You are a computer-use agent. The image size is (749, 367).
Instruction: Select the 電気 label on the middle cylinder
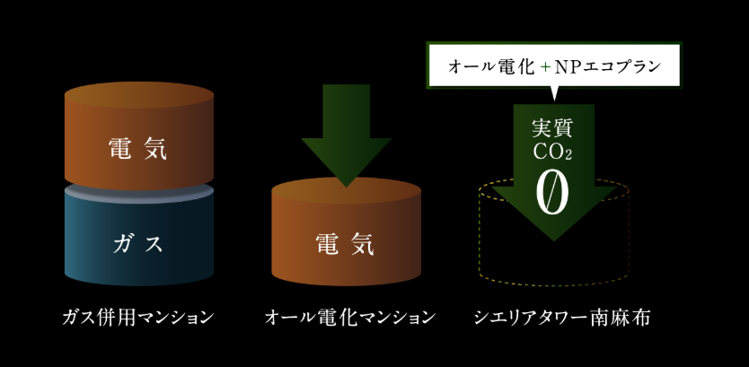pyautogui.click(x=345, y=242)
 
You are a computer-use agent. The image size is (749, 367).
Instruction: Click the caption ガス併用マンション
pyautogui.click(x=138, y=317)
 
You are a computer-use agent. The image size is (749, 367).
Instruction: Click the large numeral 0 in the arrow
pyautogui.click(x=551, y=192)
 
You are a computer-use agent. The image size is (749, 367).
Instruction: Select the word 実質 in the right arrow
pyautogui.click(x=551, y=127)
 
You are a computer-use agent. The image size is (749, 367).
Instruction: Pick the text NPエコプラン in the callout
pyautogui.click(x=606, y=66)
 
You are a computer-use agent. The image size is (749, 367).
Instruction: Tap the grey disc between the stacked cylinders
pyautogui.click(x=138, y=190)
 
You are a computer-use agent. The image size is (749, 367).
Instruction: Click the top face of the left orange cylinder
pyautogui.click(x=138, y=95)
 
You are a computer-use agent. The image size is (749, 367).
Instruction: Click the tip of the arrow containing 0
pyautogui.click(x=551, y=237)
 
